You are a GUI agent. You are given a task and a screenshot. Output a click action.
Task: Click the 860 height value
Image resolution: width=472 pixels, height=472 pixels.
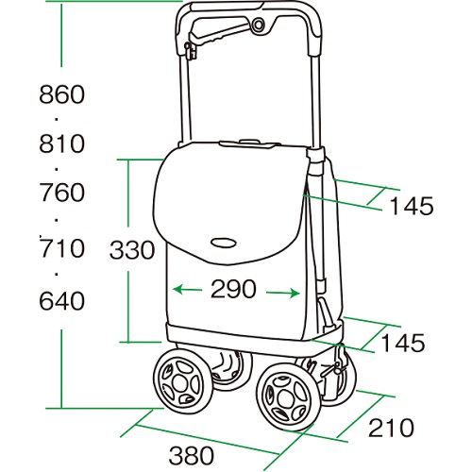point(62,94)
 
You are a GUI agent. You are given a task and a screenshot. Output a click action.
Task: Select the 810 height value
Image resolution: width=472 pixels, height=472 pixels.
point(62,143)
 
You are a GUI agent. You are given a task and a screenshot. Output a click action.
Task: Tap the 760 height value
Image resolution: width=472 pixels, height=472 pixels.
point(62,193)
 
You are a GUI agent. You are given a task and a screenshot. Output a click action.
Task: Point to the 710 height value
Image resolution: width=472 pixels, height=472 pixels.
point(62,248)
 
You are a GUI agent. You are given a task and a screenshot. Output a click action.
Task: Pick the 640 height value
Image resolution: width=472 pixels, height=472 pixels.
point(62,301)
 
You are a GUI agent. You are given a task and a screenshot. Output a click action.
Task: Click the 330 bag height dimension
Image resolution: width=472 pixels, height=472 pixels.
point(132,250)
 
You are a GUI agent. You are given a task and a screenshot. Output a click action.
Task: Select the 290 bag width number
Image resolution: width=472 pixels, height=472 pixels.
point(233,289)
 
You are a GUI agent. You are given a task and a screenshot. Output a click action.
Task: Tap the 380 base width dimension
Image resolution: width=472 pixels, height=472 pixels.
point(192,455)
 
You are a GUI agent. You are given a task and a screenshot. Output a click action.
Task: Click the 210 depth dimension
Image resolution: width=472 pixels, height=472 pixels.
point(391,428)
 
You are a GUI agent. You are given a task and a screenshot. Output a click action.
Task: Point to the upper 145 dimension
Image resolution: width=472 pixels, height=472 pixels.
point(412,206)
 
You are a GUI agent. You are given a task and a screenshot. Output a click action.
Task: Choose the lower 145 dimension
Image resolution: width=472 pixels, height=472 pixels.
point(403,343)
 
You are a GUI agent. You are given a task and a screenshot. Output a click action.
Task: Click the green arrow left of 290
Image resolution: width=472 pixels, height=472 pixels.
point(188,290)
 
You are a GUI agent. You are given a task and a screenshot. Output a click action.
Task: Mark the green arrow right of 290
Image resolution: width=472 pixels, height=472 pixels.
point(282,294)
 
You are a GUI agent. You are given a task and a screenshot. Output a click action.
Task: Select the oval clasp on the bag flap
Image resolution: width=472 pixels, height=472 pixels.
point(224,243)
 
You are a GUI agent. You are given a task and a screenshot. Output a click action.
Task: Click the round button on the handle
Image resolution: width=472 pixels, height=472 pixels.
point(259,25)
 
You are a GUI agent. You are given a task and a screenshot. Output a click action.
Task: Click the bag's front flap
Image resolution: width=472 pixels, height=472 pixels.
point(229,201)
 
